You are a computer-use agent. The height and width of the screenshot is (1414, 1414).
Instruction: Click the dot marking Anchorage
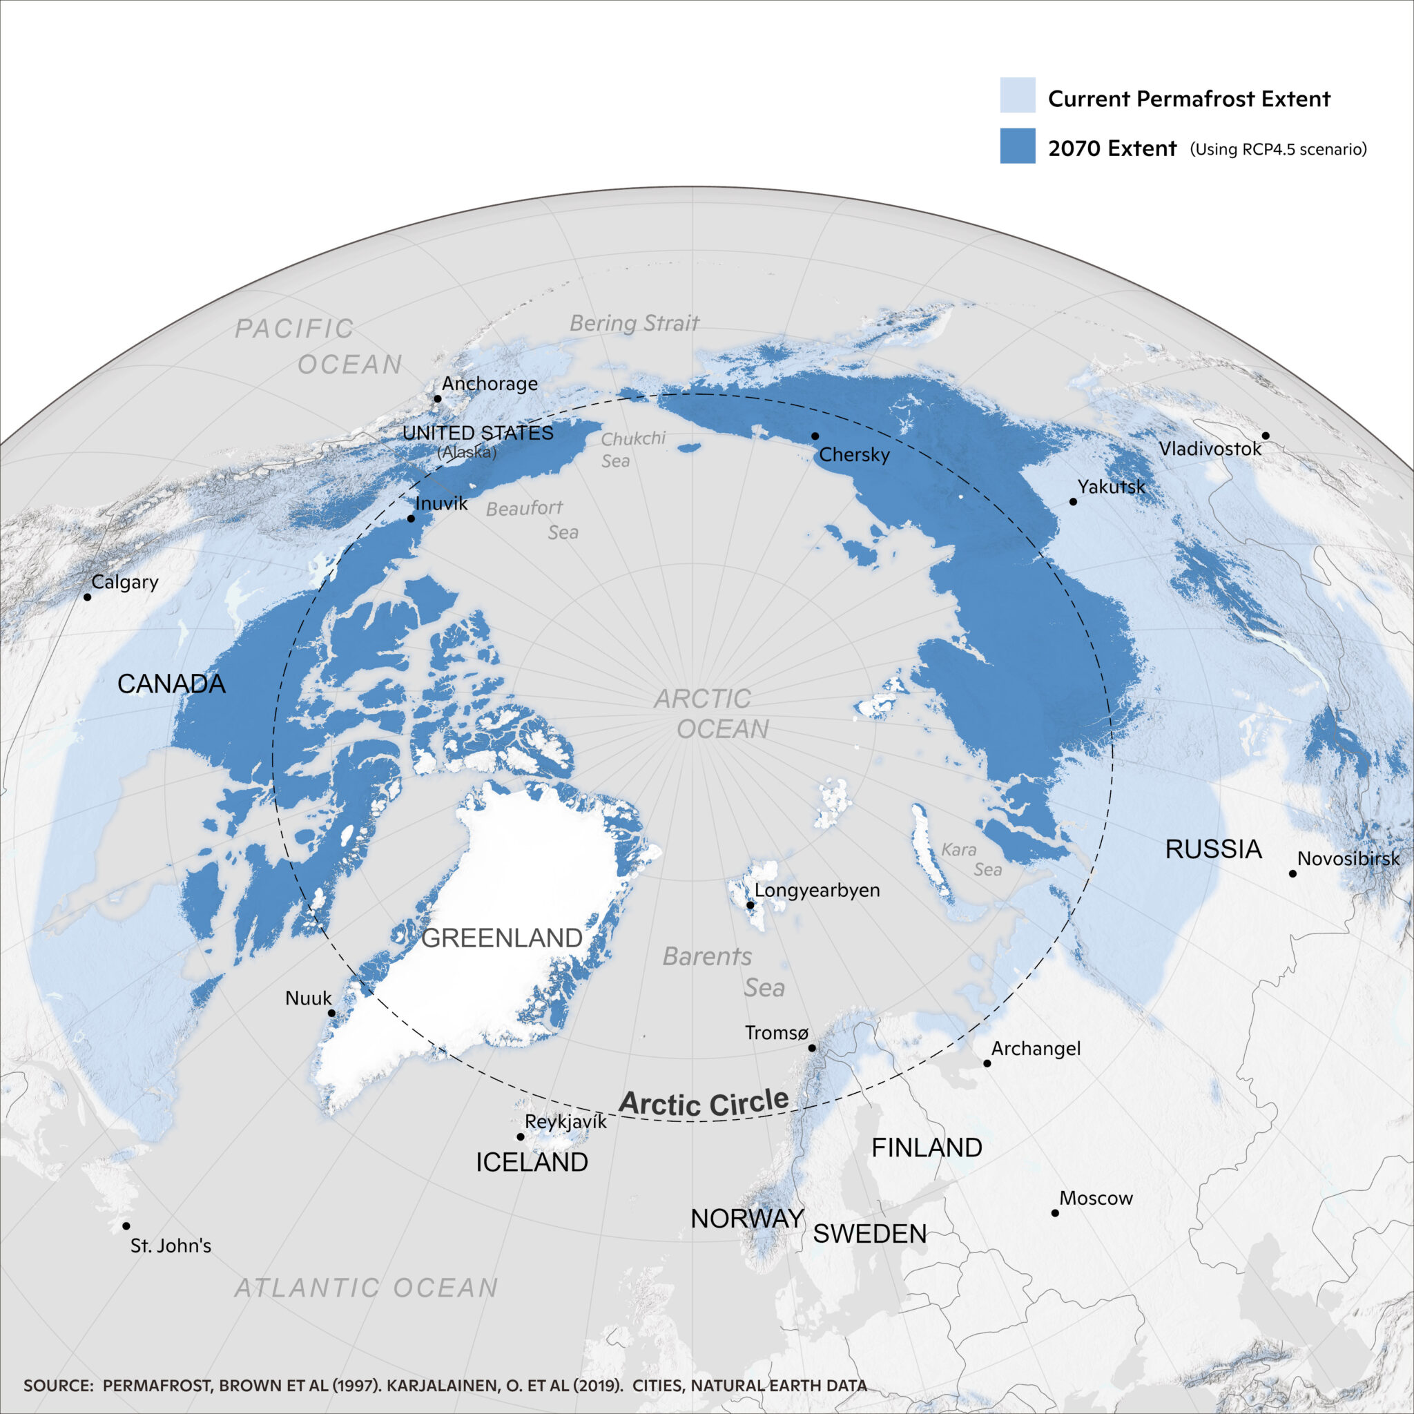point(438,399)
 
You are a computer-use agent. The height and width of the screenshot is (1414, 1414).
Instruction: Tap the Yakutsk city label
point(1111,487)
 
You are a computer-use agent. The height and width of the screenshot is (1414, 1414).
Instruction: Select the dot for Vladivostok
point(1266,436)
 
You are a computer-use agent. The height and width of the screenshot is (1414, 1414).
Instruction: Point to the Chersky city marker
point(815,436)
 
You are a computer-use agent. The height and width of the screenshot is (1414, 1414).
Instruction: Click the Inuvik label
point(441,503)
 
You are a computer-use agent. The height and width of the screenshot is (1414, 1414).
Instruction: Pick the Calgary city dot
point(87,597)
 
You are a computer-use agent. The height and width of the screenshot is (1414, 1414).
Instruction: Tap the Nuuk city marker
point(331,1013)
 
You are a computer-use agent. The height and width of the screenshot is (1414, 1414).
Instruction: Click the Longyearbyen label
point(817,890)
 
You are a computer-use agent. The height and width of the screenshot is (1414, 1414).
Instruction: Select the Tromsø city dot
point(812,1048)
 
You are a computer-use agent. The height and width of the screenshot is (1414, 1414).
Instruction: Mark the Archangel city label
point(1036,1048)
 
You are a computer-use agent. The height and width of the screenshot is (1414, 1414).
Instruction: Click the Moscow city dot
point(1055,1212)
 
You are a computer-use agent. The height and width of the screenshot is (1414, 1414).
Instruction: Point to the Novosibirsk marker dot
point(1292,874)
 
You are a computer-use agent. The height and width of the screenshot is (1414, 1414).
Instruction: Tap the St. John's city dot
point(126,1226)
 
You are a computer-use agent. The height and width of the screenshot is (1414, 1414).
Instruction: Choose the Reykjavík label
point(565,1122)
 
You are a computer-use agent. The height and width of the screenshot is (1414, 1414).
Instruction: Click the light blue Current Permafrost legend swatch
point(1017,95)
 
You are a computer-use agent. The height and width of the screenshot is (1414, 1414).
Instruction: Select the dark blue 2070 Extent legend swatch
point(1017,146)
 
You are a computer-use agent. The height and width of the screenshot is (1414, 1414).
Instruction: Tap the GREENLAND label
point(502,938)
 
